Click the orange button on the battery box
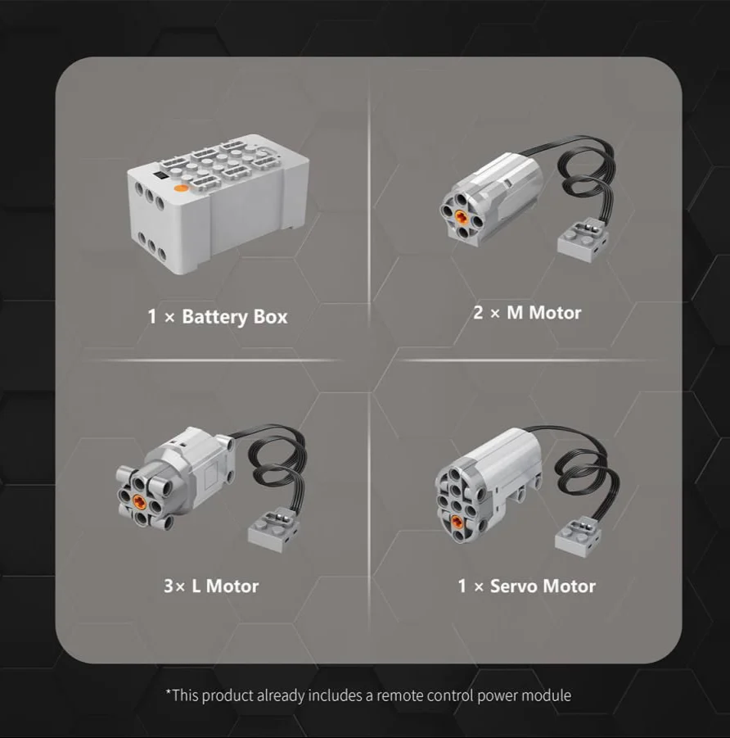(181, 188)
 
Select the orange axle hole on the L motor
(138, 500)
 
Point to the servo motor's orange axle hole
(457, 521)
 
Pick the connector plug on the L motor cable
(273, 529)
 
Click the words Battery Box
(235, 317)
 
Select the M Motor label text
(543, 313)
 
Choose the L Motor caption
(225, 586)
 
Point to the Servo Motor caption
(543, 586)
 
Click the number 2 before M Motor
(478, 313)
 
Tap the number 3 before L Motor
(169, 586)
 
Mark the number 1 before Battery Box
(152, 317)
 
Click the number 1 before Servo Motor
(462, 586)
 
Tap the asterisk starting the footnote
(169, 692)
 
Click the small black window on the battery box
(160, 175)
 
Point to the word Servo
(514, 586)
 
